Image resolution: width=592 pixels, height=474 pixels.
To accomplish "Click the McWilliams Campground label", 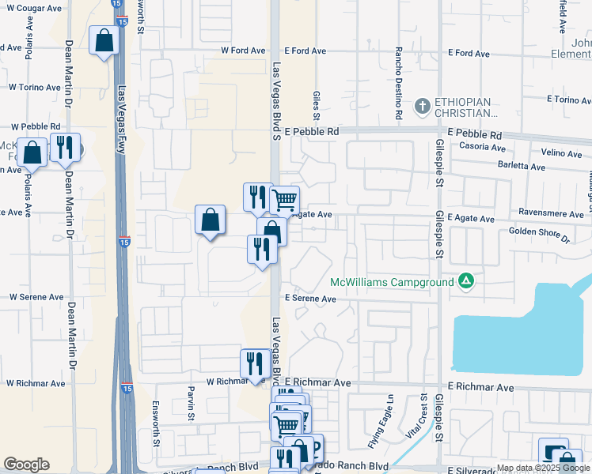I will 391,282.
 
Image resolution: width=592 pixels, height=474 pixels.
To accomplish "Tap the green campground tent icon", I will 467,281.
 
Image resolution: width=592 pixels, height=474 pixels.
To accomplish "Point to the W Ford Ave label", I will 243,51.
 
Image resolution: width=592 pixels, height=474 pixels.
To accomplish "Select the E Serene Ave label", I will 311,299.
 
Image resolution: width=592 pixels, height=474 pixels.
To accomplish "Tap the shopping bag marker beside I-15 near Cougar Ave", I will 104,42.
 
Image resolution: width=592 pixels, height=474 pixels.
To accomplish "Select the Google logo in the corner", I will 26,465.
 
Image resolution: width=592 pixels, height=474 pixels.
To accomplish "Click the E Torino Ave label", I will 569,100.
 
